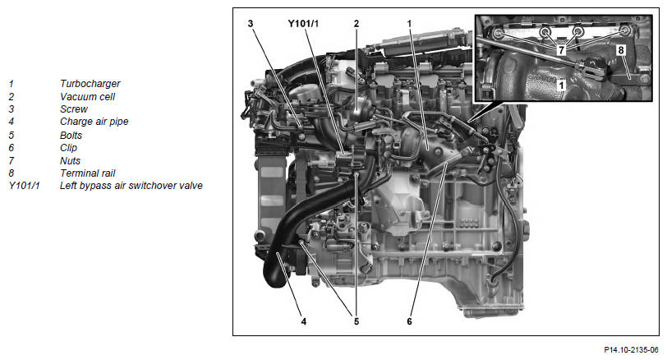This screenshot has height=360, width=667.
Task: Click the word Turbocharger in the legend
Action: tap(90, 83)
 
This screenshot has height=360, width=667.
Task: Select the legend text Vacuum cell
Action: tap(87, 97)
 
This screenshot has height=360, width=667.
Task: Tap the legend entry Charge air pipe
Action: tap(94, 122)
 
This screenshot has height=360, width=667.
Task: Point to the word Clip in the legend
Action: tap(68, 148)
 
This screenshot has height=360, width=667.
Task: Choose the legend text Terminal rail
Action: tap(88, 173)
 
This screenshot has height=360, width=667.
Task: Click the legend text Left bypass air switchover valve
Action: tap(131, 186)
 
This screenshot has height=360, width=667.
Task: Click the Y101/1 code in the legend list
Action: tap(25, 186)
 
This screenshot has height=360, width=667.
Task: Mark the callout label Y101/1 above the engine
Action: tap(303, 24)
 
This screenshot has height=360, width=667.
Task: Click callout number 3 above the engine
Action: tap(251, 24)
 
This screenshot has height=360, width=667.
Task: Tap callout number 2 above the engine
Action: tap(356, 24)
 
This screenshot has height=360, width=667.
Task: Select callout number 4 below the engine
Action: tap(304, 321)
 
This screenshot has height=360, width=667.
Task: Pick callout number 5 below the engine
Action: tap(356, 321)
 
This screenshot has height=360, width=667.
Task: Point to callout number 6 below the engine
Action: tap(409, 321)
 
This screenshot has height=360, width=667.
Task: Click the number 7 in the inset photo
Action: tap(562, 50)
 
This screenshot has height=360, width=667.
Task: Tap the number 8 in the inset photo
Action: tap(621, 50)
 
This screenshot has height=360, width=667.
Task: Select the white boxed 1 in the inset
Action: tap(562, 85)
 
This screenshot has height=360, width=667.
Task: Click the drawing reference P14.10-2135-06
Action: tap(631, 350)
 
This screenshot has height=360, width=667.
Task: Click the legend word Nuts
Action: tap(70, 161)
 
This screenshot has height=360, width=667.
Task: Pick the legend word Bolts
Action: tap(71, 136)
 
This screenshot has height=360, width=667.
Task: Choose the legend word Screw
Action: tap(74, 109)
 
